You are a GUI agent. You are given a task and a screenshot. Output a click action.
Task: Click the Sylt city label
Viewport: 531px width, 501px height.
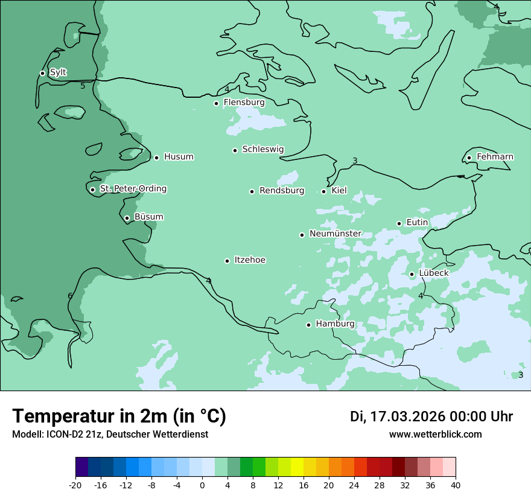[58, 72]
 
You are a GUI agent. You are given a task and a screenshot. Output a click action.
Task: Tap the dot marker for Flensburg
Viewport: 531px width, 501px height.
[216, 103]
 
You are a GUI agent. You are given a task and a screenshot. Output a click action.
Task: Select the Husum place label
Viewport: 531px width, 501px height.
[179, 157]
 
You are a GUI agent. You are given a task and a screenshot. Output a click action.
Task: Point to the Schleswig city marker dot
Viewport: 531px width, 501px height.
[235, 150]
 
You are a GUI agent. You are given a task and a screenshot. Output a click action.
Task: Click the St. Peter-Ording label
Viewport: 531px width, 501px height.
[133, 189]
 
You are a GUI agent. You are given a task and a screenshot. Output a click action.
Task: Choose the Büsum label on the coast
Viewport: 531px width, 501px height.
[148, 217]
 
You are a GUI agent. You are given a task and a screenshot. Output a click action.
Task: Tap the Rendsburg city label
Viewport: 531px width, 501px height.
[282, 191]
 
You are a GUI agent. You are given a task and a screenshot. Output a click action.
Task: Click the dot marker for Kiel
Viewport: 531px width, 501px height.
[323, 191]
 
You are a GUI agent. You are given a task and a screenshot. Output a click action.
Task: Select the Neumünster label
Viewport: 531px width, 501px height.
[335, 234]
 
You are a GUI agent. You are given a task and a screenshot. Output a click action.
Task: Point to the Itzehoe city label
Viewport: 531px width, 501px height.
[250, 260]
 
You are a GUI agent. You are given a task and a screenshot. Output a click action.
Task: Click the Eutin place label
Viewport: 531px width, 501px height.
[417, 223]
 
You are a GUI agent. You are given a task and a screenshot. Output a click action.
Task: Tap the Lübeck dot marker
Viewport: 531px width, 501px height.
[412, 274]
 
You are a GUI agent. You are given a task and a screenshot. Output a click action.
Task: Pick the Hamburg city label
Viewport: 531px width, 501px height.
[335, 324]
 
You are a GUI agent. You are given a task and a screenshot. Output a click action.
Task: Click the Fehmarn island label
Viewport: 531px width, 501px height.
[495, 157]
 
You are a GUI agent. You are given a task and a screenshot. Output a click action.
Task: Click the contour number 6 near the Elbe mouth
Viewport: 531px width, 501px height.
[70, 296]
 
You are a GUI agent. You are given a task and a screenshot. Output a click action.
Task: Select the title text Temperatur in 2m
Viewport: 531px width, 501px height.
[119, 416]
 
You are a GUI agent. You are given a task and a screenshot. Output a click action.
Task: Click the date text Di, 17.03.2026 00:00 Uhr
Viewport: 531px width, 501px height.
[431, 416]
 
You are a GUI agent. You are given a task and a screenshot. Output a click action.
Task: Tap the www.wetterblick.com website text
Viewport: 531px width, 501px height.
[435, 434]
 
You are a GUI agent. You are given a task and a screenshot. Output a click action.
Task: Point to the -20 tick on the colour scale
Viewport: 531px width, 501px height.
[75, 485]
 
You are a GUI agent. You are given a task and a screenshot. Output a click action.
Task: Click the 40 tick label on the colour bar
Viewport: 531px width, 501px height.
[455, 485]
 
